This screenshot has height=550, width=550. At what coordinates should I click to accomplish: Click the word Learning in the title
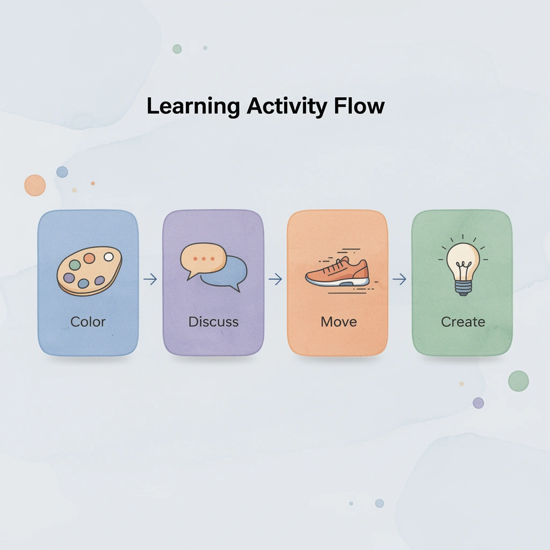[193, 106]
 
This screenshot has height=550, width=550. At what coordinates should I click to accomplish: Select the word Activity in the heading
[286, 106]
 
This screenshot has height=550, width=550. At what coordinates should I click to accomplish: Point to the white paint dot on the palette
[108, 257]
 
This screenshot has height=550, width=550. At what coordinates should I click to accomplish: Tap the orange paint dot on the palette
[89, 258]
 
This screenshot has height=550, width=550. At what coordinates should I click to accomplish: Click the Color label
[88, 322]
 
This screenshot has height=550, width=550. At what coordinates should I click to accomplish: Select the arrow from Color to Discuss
[150, 279]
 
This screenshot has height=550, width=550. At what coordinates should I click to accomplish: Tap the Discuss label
[213, 322]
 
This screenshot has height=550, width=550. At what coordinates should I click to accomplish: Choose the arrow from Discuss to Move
[275, 279]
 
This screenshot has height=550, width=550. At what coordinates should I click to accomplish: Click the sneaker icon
[337, 272]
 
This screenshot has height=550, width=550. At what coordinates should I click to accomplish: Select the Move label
[338, 322]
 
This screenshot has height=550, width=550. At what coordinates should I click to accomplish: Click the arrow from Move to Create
[400, 279]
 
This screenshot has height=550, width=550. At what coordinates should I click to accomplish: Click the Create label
[463, 322]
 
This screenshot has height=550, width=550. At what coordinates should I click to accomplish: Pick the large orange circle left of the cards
[35, 185]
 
